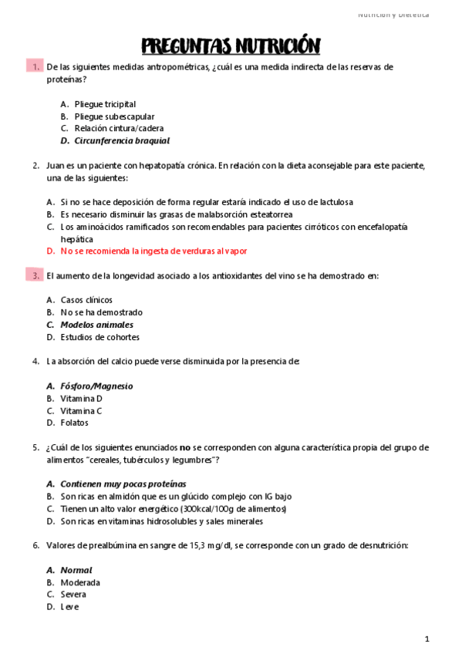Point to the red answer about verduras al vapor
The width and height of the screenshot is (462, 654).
tap(154, 251)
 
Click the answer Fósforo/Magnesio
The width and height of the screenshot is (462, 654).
tap(96, 386)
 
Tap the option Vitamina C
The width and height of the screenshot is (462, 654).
tap(81, 410)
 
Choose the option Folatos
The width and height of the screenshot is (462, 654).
tap(74, 423)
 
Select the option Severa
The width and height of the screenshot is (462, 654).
tap(73, 595)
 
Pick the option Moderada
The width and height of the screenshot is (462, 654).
tap(80, 582)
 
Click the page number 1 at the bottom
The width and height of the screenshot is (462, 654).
tap(427, 639)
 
